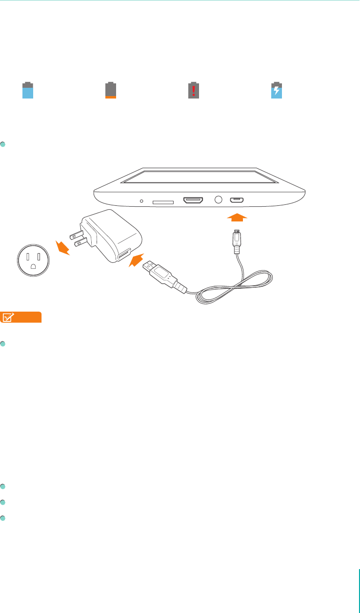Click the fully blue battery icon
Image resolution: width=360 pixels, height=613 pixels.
28,90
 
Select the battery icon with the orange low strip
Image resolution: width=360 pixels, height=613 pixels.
111,90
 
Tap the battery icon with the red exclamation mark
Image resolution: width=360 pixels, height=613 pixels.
194,90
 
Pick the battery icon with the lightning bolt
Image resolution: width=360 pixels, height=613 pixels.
277,90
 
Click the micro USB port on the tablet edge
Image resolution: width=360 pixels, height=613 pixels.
238,200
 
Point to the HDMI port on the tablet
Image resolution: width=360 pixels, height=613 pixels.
193,200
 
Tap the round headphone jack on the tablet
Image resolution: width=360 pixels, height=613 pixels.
218,200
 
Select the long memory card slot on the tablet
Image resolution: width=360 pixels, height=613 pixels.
163,201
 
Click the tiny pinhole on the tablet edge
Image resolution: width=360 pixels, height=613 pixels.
142,200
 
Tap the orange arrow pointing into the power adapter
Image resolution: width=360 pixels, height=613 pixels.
138,260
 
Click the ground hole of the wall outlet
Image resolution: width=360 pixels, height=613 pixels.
33,266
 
